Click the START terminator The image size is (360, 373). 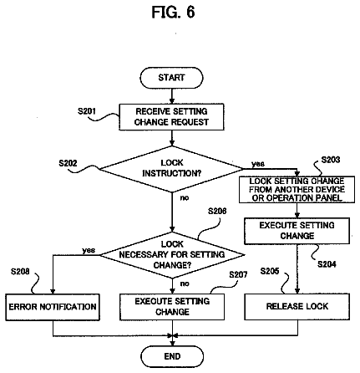point(171,78)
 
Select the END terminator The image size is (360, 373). point(172,356)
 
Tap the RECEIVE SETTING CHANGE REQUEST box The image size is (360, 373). point(171,117)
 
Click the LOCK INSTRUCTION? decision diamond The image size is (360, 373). point(171,169)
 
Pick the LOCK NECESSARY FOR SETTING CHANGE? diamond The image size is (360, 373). point(172,254)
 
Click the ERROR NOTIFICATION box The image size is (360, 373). point(53,307)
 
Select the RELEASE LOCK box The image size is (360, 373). point(297,306)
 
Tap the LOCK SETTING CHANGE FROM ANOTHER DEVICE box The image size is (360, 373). point(297,190)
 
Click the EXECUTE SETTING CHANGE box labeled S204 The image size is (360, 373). point(297,231)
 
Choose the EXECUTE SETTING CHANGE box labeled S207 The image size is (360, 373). point(172,307)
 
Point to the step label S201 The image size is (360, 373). point(87,111)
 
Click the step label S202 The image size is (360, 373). point(68,163)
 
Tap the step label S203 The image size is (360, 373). point(331,160)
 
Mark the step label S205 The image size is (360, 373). point(270,271)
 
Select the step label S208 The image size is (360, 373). point(20,271)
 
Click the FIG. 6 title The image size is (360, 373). point(173,13)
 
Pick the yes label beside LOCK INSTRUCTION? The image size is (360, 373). point(258,164)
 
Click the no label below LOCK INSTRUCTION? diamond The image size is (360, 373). point(185,197)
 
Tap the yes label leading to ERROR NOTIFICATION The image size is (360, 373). point(89,250)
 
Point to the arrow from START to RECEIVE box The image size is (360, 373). point(172,96)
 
